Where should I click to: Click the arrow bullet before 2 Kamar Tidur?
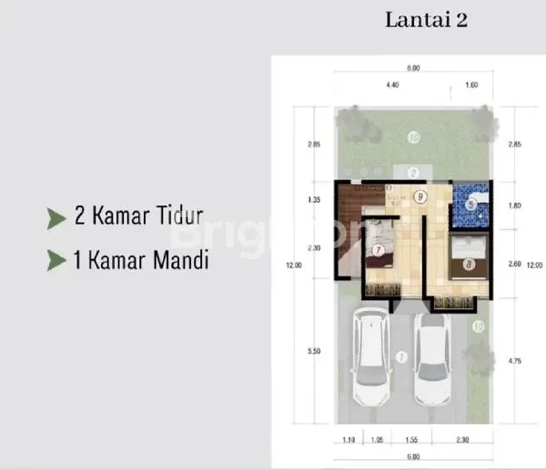click(x=56, y=217)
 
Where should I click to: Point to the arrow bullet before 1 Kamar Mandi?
click(x=56, y=261)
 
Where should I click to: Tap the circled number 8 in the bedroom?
click(x=467, y=265)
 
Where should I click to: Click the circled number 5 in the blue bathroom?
click(x=470, y=205)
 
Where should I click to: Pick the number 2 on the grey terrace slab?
click(x=413, y=172)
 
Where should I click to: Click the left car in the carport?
click(x=370, y=356)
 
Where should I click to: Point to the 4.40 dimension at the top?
click(x=392, y=85)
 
